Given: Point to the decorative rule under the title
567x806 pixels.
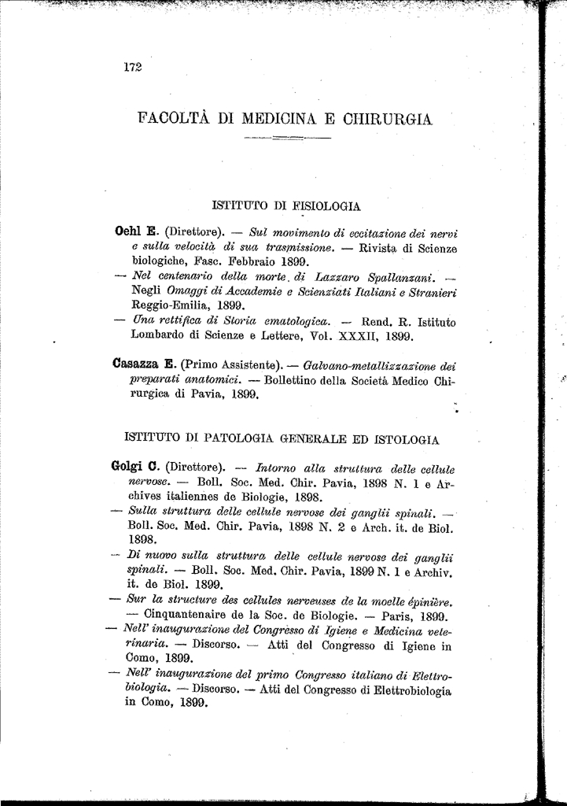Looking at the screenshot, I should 288,140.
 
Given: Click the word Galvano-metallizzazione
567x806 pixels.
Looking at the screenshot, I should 363,365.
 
